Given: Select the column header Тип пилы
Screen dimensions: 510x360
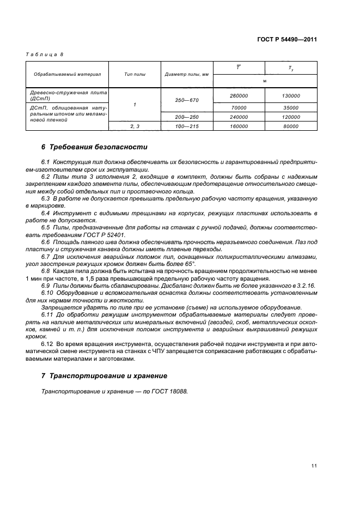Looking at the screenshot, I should pyautogui.click(x=135, y=74).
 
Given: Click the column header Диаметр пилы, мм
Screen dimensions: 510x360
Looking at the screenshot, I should pyautogui.click(x=187, y=74).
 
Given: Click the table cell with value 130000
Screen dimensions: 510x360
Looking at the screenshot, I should pyautogui.click(x=291, y=95).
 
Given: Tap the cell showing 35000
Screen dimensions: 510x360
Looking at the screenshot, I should pyautogui.click(x=291, y=108).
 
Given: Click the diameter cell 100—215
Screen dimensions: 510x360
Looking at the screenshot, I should pyautogui.click(x=187, y=126).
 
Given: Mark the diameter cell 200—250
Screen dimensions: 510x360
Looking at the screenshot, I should pyautogui.click(x=187, y=117).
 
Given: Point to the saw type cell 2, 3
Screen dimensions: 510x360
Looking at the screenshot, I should pyautogui.click(x=135, y=126).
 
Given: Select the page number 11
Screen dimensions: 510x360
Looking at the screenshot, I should pyautogui.click(x=314, y=465).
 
